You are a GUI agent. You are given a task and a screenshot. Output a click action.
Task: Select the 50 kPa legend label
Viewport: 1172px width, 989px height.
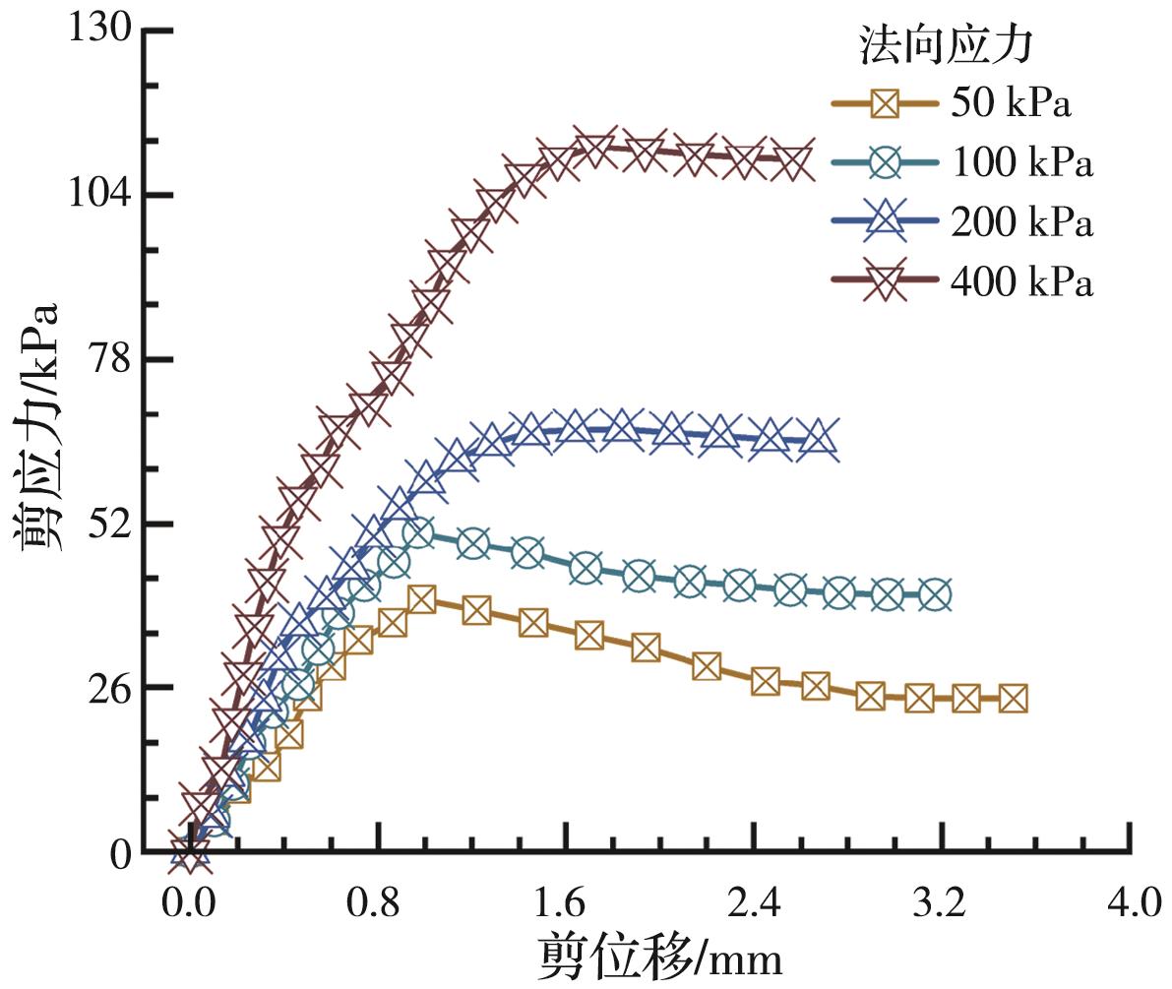coord(1010,103)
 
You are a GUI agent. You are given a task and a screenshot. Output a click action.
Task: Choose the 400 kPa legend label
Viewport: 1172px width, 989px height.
coord(1021,283)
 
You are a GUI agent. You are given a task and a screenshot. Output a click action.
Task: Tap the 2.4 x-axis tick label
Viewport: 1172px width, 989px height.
coord(754,901)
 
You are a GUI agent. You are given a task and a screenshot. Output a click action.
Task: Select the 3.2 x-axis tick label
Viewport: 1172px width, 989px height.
coord(943,901)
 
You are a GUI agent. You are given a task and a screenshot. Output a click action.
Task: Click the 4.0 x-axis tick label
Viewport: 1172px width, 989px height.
coord(1131,901)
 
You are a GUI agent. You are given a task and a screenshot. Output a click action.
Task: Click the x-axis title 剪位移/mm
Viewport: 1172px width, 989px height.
coord(660,956)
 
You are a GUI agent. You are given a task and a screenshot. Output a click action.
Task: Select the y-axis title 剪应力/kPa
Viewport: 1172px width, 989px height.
coord(37,427)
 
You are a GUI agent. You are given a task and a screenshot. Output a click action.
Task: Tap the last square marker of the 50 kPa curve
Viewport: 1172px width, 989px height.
coord(1013,699)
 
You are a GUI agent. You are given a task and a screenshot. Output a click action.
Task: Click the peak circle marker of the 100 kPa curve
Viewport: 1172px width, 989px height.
coord(417,533)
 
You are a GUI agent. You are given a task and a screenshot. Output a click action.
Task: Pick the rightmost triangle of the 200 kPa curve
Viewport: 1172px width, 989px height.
coord(818,439)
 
